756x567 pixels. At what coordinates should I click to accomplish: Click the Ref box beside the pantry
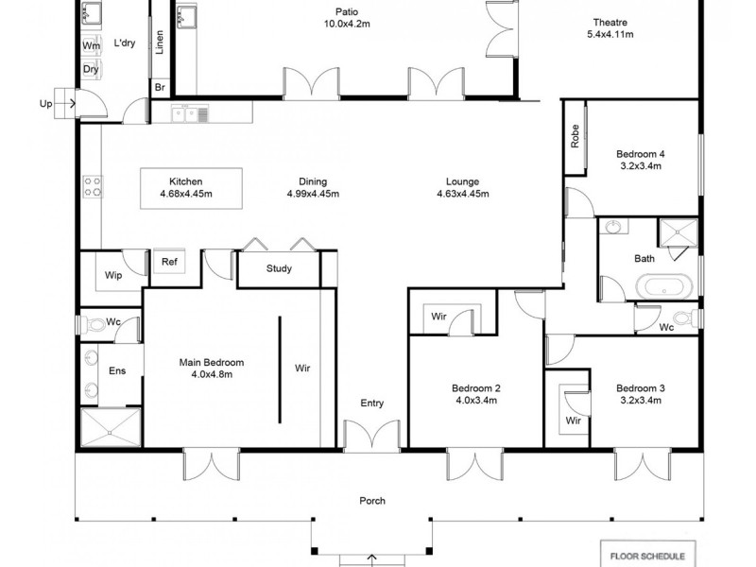169,263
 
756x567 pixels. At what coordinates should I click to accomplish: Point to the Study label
279,269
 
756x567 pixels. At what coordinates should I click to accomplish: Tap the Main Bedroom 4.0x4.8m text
212,368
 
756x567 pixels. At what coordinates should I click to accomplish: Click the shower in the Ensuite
111,427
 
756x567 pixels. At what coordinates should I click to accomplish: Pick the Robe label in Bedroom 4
575,138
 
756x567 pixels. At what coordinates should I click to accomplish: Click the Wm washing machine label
92,45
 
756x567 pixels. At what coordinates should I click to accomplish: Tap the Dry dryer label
91,70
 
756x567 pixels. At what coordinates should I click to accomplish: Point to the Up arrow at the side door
45,103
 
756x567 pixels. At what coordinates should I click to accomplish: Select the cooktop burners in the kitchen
92,187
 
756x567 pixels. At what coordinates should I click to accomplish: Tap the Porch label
372,501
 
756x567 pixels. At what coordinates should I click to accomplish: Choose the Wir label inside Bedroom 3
573,421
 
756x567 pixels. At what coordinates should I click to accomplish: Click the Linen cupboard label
160,42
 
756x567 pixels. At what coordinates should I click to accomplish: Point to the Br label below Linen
160,88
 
